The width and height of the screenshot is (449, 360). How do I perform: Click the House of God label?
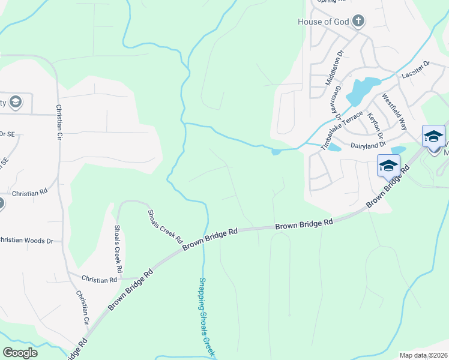pos(323,22)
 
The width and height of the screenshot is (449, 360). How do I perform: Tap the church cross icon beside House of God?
pos(358,22)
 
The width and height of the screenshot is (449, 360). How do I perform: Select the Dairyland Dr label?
pos(367,145)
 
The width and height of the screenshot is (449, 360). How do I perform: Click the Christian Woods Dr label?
pos(26,241)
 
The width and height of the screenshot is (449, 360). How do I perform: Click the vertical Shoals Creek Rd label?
pos(118,246)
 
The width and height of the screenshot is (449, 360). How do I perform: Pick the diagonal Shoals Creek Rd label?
pos(166,223)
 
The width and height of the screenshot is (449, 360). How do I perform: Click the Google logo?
pos(20,352)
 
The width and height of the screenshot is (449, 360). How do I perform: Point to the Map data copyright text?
pos(423,355)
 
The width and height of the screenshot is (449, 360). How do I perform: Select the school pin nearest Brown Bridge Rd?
pos(388,166)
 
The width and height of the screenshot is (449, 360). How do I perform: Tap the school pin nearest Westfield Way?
pos(433,137)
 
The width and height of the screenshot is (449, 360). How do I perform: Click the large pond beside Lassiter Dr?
pos(363,89)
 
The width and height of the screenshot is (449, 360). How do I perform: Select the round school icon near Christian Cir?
pos(15,101)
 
